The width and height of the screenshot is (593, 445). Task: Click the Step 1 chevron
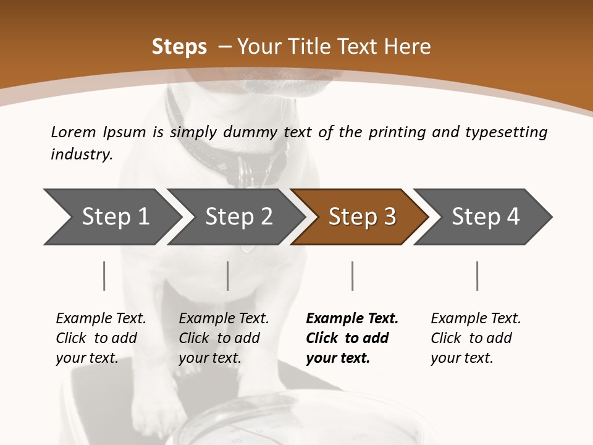pos(111,217)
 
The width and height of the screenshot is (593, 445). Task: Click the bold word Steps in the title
pos(179,47)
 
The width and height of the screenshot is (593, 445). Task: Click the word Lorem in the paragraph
pos(73,132)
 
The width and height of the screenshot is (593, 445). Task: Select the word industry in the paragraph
pos(81,155)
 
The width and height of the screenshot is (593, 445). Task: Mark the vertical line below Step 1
pos(104,276)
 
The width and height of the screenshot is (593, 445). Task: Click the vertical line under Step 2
pos(228,276)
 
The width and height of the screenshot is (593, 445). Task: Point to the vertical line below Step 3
pos(352,276)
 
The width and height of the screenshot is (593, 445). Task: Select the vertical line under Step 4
pos(477,276)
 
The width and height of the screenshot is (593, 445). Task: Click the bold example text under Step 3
pos(351,338)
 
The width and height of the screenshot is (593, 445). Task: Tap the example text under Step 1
pos(101,338)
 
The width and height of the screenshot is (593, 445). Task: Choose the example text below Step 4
pos(476,338)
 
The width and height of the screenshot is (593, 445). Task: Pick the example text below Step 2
pos(224,338)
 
